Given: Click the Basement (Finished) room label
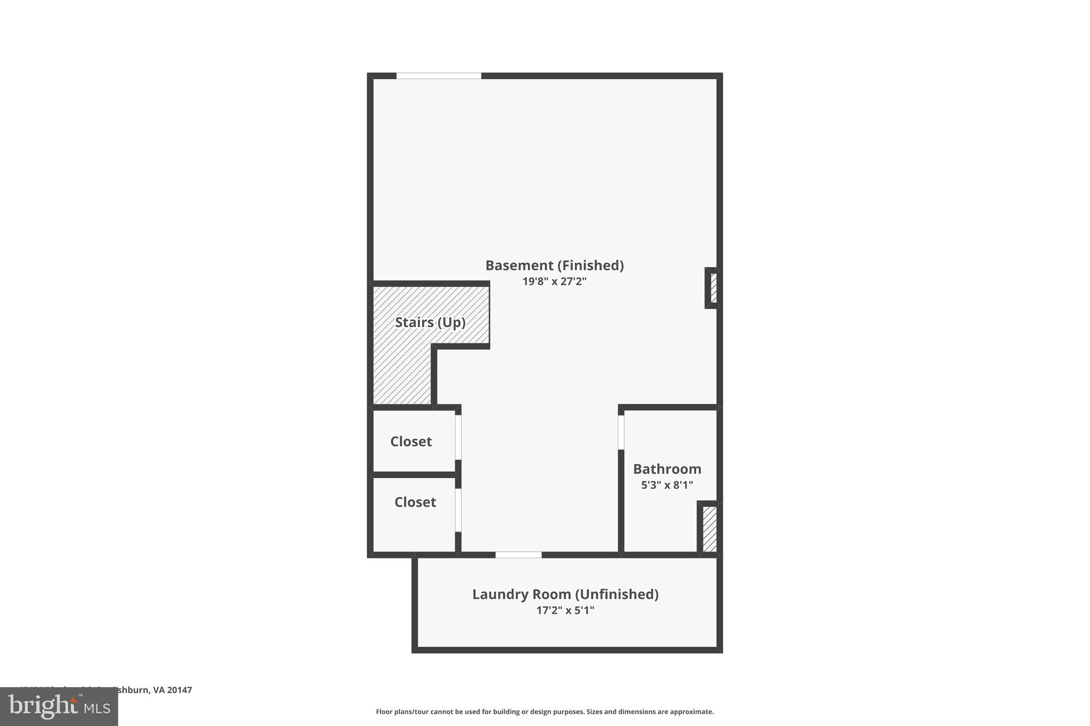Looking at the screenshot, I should pyautogui.click(x=554, y=265).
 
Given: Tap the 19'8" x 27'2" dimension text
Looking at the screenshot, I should pyautogui.click(x=554, y=281).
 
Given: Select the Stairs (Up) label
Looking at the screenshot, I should pyautogui.click(x=430, y=322).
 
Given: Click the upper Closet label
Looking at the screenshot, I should pyautogui.click(x=411, y=441).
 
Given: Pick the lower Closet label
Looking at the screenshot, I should pyautogui.click(x=415, y=502).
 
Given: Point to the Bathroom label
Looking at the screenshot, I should pyautogui.click(x=667, y=469).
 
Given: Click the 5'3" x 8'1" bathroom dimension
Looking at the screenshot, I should pyautogui.click(x=667, y=485).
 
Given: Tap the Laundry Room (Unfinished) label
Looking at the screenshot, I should pyautogui.click(x=565, y=594).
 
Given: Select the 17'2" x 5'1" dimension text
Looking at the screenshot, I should pyautogui.click(x=565, y=610).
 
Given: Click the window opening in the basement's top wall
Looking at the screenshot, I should pyautogui.click(x=439, y=76).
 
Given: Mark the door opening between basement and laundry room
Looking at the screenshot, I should pyautogui.click(x=518, y=555).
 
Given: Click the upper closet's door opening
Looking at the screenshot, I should pyautogui.click(x=458, y=437).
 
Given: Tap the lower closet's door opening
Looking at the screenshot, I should pyautogui.click(x=458, y=510).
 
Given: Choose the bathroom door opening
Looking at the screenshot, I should pyautogui.click(x=621, y=432).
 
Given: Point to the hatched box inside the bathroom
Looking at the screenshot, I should pyautogui.click(x=709, y=529).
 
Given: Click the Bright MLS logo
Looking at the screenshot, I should pyautogui.click(x=59, y=706).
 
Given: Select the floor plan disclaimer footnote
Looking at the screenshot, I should pyautogui.click(x=544, y=712).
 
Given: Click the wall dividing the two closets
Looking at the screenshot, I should pyautogui.click(x=414, y=474).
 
